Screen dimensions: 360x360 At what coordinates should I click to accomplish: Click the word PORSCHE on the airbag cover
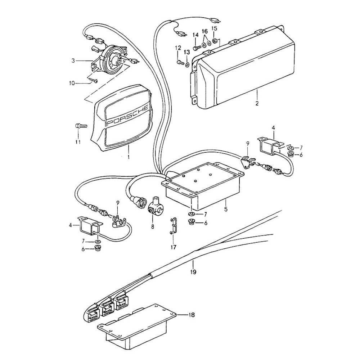tap(127, 116)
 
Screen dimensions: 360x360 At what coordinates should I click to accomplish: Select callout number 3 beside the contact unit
tap(73, 61)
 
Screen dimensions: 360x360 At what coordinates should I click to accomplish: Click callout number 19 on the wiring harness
tap(194, 272)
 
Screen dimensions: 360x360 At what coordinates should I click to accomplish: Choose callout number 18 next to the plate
tap(192, 315)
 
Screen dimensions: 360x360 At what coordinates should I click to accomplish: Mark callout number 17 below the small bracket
tap(174, 247)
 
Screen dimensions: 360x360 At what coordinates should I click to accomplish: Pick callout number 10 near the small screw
tap(72, 83)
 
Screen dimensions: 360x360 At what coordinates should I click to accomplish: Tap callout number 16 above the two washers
tap(204, 32)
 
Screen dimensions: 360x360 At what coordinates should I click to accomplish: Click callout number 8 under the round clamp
tap(152, 226)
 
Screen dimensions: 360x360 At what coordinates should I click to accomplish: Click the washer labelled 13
tap(188, 65)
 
